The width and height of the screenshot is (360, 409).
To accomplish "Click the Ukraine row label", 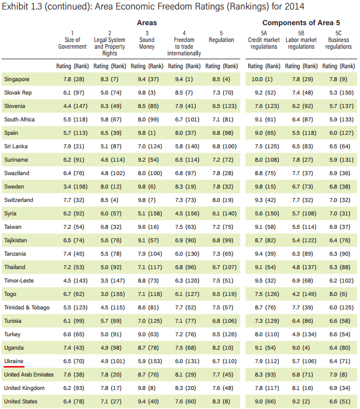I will pos(13,361).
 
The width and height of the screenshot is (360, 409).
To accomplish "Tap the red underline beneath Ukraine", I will pos(13,367).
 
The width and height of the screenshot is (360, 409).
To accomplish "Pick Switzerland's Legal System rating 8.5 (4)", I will pos(110,200).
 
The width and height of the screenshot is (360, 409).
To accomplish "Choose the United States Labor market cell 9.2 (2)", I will pos(301,401).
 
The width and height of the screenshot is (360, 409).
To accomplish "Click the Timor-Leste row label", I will pos(19,280).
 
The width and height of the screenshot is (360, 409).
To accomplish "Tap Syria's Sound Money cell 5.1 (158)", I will pos(146,214).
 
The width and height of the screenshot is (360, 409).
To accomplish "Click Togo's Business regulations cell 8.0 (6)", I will pos(338,294).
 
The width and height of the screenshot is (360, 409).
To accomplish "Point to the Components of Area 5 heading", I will pos(300,22).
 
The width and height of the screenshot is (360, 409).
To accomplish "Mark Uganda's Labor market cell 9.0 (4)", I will pos(301,347).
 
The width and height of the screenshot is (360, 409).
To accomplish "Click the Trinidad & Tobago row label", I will pos(27,307).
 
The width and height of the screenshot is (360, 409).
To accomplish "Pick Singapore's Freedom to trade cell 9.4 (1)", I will pos(184,79).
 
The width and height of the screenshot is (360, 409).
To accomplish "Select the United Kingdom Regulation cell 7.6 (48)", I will pos(221,388).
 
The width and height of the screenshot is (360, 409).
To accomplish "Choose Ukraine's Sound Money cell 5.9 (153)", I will pos(146,361).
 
